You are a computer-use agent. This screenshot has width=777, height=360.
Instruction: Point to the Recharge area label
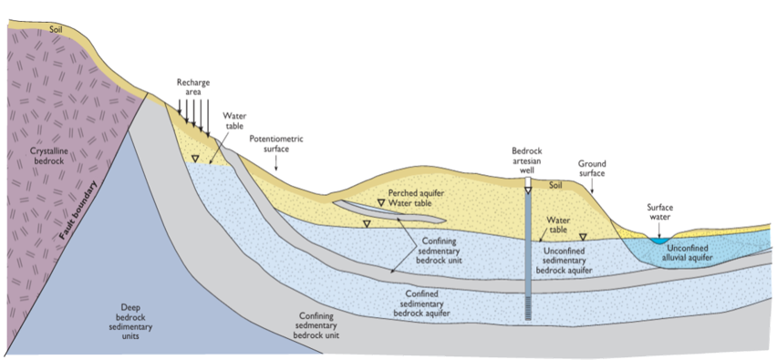[x=193, y=87]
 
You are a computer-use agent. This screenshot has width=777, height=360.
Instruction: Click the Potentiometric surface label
[x=276, y=144]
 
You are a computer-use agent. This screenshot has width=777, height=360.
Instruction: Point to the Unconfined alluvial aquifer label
[x=699, y=252]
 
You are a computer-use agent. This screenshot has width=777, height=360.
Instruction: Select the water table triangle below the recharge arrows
[x=195, y=159]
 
